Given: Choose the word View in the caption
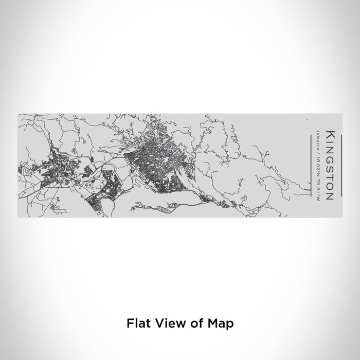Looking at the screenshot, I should click(164, 338).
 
